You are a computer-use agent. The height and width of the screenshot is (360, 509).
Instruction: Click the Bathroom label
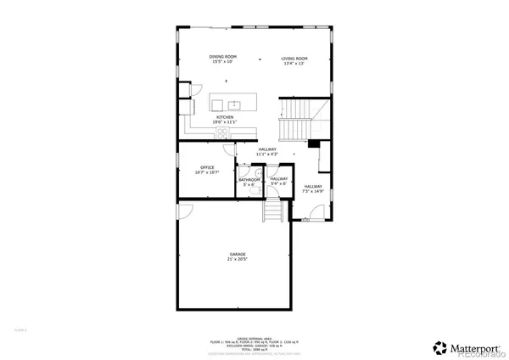tap(249, 181)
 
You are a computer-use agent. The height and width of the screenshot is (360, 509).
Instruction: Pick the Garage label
tap(238, 256)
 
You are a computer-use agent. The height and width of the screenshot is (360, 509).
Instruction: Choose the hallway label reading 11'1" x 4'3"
tap(268, 152)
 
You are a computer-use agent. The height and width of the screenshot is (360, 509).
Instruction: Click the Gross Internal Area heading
tap(254, 336)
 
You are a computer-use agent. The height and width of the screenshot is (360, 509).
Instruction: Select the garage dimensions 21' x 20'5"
tap(238, 259)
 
